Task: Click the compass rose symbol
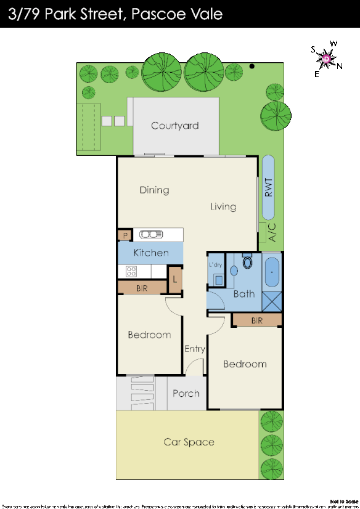click(x=325, y=59)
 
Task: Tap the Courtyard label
click(x=175, y=126)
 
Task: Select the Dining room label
click(x=154, y=190)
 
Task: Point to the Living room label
click(x=223, y=206)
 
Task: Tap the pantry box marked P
click(x=125, y=235)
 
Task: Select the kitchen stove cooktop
click(x=131, y=271)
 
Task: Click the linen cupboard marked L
click(x=175, y=279)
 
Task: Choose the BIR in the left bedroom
click(x=142, y=288)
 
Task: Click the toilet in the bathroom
click(x=248, y=263)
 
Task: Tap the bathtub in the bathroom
click(x=271, y=272)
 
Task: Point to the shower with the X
click(x=271, y=301)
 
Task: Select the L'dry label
click(x=215, y=264)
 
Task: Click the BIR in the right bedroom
click(x=257, y=320)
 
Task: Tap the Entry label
click(x=195, y=349)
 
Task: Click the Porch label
click(x=186, y=393)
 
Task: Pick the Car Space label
click(x=189, y=442)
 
